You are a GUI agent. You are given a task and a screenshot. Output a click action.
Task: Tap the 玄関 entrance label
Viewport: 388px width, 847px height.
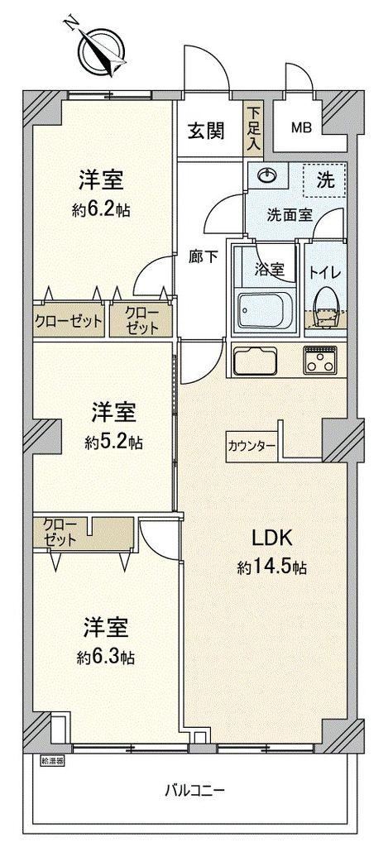pos(206,131)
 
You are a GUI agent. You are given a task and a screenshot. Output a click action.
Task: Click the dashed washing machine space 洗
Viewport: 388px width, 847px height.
pos(323,180)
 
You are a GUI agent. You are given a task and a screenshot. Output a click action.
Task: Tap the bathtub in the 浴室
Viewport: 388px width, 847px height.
pos(266,312)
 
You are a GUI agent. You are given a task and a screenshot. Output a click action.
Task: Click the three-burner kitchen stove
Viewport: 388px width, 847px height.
pos(320,359)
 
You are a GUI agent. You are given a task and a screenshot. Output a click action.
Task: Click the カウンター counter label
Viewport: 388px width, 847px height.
pos(251,446)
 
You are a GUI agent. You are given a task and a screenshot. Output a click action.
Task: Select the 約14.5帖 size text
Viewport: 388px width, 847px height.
pos(272,567)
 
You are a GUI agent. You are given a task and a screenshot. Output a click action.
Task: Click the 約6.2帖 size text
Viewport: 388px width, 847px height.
pos(101,209)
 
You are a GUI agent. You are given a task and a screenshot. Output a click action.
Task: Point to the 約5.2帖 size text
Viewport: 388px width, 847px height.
pos(113,443)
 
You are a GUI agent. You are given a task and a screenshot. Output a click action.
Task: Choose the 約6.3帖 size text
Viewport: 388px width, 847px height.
pos(106,657)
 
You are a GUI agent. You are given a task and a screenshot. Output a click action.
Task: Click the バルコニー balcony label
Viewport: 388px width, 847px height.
pos(194,792)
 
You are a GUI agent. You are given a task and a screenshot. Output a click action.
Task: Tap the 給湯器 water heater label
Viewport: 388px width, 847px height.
pos(52,761)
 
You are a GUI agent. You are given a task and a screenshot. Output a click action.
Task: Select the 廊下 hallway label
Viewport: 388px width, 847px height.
pos(204,256)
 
